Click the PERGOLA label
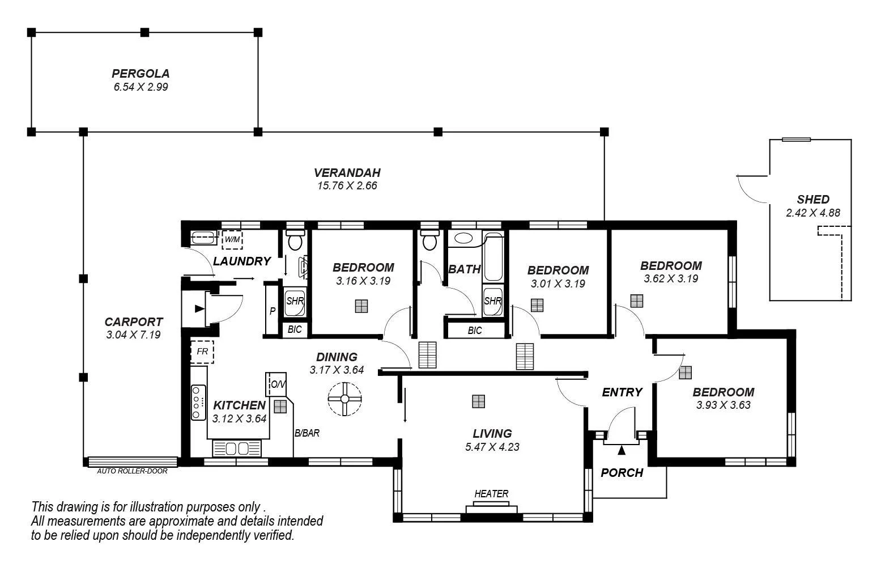pos(141,73)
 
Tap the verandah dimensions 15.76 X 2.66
pos(347,185)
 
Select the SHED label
pos(812,199)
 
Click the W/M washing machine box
pos(232,240)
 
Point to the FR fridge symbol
pos(202,352)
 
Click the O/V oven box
pos(278,384)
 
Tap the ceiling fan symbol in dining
pos(344,399)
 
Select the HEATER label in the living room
pos(491,494)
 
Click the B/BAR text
pos(307,433)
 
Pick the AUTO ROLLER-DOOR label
pos(132,471)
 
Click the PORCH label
pos(622,472)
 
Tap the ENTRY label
pos(622,392)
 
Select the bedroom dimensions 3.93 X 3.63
pos(723,405)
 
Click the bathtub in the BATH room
pos(493,258)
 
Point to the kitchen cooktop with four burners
pos(198,402)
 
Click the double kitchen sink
pos(237,449)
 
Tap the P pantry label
pos(273,311)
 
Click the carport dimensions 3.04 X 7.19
pos(133,335)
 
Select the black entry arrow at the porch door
pos(622,450)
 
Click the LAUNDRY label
pos(242,261)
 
